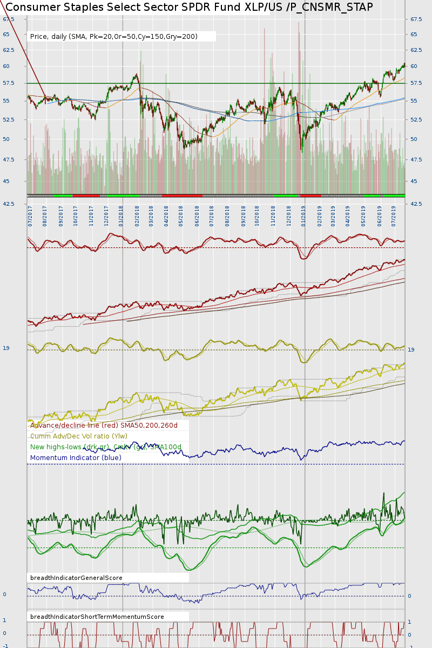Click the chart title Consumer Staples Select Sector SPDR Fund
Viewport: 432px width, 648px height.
(189, 7)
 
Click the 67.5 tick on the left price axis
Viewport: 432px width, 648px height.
(9, 19)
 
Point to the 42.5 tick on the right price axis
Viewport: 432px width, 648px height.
(416, 204)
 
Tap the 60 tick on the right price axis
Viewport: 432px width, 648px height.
(414, 66)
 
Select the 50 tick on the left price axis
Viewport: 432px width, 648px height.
(6, 139)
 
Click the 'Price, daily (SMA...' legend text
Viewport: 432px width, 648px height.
(114, 37)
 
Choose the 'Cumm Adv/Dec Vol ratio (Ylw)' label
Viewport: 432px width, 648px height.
(79, 436)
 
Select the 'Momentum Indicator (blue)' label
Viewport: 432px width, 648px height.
(76, 457)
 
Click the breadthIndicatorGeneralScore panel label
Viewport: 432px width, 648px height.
(76, 578)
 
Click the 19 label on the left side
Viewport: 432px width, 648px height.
(6, 348)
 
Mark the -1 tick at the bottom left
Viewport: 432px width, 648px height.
(5, 646)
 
